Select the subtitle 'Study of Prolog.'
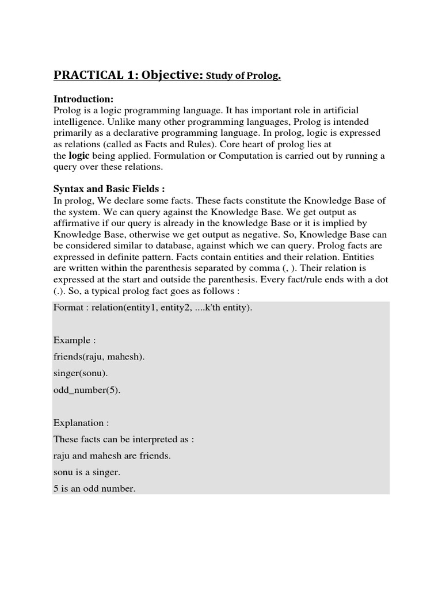point(244,76)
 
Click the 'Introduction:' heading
point(83,98)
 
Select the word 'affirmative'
point(77,223)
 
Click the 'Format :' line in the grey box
point(153,307)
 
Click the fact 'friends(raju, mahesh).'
point(99,357)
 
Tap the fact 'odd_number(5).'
point(87,389)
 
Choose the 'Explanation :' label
point(81,423)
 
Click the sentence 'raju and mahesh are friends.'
point(112,456)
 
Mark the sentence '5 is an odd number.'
point(94,489)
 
